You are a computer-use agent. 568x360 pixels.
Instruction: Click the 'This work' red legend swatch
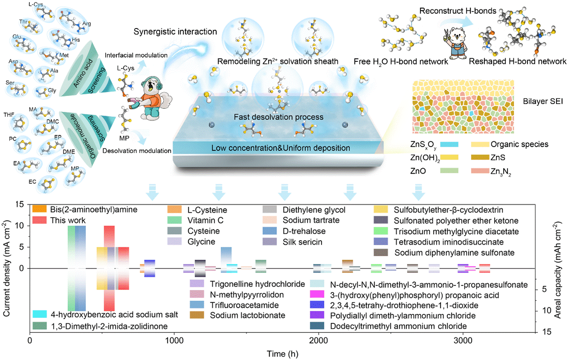coord(40,220)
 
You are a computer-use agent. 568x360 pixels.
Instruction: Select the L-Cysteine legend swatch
coord(175,209)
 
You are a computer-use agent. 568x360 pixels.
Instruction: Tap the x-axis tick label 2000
coord(318,340)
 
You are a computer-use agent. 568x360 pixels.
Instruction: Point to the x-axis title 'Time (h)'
coord(283,354)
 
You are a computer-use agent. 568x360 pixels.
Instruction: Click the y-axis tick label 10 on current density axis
coord(20,225)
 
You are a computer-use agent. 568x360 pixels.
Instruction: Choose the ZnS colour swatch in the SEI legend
coord(480,157)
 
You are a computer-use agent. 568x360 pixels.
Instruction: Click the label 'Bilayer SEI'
coord(543,102)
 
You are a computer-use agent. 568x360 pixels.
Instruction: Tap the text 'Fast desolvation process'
coord(278,117)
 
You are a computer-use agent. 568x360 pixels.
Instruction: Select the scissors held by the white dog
coord(446,35)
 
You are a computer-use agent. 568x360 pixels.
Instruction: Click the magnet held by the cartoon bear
coord(134,103)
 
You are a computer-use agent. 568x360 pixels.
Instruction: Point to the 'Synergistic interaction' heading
coord(175,32)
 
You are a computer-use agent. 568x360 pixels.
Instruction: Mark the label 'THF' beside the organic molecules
coord(9,115)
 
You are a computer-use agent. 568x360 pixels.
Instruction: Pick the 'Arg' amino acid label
coord(87,23)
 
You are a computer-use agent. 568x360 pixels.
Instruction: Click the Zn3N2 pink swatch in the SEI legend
coord(480,171)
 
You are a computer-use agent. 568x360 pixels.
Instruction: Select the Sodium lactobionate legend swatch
coord(197,315)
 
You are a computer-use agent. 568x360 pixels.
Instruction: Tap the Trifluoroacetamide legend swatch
coord(197,305)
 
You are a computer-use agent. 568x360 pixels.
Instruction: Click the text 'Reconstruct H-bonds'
coord(458,11)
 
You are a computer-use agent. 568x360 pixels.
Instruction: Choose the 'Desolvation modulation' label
coord(137,151)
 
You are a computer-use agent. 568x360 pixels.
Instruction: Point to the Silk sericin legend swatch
coord(270,241)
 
